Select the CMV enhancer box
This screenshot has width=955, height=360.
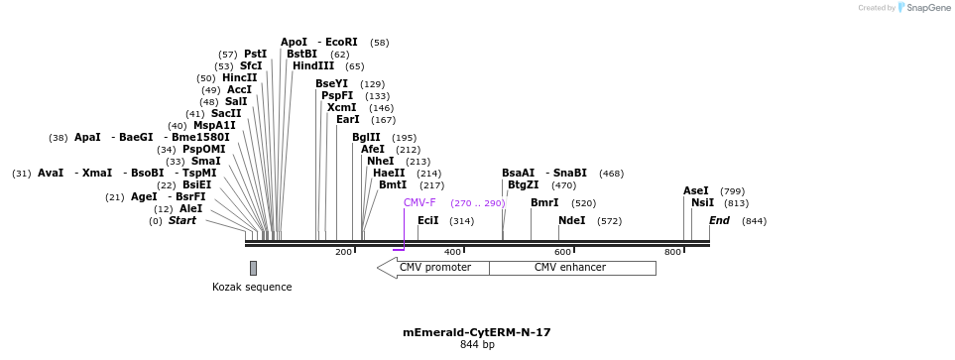(570, 268)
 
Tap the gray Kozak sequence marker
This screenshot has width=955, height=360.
(253, 268)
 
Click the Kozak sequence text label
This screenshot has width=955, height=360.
(252, 288)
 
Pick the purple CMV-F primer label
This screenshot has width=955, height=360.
(419, 203)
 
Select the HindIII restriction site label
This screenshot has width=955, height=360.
(313, 66)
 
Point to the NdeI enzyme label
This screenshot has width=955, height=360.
(572, 221)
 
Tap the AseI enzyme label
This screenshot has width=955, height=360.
(696, 191)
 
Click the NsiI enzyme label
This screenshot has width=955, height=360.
(702, 203)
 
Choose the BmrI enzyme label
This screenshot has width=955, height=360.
(544, 203)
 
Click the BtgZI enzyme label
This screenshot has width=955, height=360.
(524, 184)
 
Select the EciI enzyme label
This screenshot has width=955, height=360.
(427, 221)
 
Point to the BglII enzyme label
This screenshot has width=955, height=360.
(366, 138)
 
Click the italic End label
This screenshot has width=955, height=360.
(719, 221)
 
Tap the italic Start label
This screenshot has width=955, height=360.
(181, 221)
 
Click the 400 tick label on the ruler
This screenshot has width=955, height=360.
(453, 253)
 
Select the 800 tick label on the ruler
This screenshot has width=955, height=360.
(672, 253)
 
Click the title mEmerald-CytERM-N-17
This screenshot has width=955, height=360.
(476, 333)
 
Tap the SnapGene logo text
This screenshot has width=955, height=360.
(928, 8)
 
